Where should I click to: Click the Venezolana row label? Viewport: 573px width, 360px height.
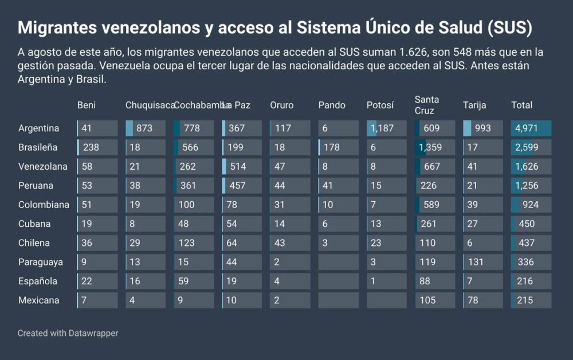[x=43, y=167]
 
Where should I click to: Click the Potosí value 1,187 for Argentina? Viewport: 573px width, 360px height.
[x=387, y=128]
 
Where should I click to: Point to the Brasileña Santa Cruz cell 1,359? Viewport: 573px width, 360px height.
[x=435, y=147]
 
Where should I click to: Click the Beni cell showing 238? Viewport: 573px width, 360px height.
[x=97, y=147]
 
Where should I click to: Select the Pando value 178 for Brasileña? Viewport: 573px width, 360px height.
[x=338, y=147]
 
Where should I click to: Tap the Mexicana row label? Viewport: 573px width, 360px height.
[x=39, y=300]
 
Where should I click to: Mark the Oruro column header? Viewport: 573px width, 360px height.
[x=282, y=105]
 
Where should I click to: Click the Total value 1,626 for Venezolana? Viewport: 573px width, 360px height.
[x=531, y=167]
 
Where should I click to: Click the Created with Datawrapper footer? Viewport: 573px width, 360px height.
[x=68, y=333]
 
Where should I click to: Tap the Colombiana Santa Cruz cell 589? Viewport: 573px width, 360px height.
[x=435, y=205]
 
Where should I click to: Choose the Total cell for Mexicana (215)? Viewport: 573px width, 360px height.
[x=531, y=300]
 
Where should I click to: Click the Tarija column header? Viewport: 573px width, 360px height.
[x=474, y=105]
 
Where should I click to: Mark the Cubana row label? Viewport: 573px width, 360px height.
[x=34, y=224]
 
